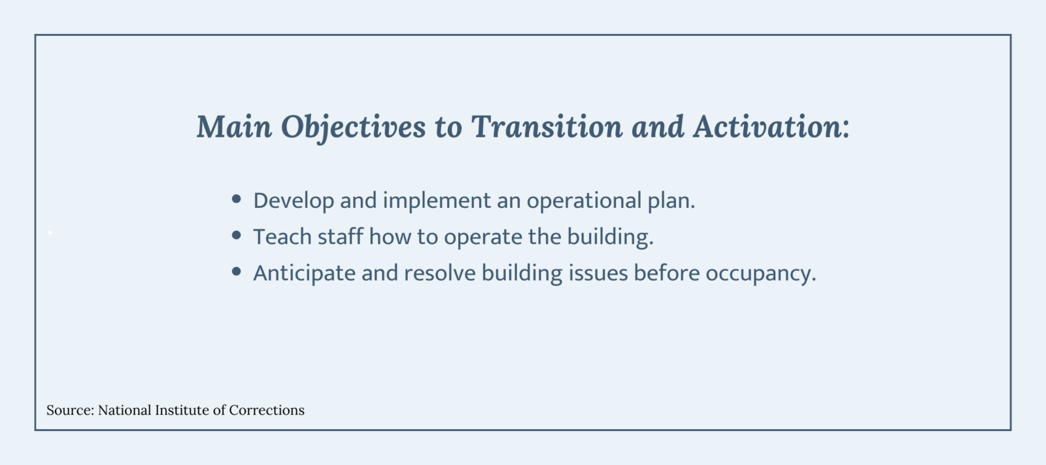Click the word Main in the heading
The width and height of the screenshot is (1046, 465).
pyautogui.click(x=234, y=126)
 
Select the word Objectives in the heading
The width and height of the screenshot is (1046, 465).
pyautogui.click(x=353, y=128)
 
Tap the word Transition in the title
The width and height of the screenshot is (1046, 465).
pyautogui.click(x=547, y=126)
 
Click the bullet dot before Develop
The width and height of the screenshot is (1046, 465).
pyautogui.click(x=237, y=199)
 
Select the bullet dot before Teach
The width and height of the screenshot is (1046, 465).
pyautogui.click(x=237, y=235)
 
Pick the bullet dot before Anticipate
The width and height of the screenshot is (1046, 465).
pyautogui.click(x=237, y=271)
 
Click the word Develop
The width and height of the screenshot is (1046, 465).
pyautogui.click(x=293, y=201)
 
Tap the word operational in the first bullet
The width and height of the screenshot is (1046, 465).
pyautogui.click(x=583, y=201)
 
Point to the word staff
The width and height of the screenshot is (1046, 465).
pyautogui.click(x=340, y=237)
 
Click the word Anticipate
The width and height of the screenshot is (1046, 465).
pyautogui.click(x=304, y=273)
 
